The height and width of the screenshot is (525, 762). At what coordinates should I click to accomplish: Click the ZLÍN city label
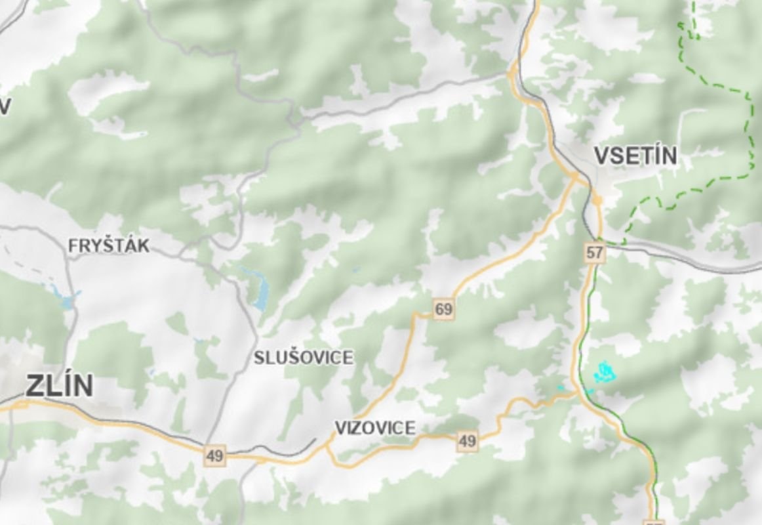59,386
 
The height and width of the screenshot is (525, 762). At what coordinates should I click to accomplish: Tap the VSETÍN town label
635,156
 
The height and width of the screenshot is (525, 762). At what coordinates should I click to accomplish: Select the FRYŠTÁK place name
109,246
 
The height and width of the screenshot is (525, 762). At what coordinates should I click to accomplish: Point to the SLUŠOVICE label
304,358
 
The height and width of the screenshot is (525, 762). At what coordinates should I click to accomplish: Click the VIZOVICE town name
375,428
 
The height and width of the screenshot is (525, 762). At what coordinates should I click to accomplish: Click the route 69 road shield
444,309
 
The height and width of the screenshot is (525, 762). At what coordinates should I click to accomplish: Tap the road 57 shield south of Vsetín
595,252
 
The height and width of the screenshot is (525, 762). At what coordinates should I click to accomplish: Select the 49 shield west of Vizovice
214,455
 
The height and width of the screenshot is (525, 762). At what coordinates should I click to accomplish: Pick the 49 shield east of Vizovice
467,441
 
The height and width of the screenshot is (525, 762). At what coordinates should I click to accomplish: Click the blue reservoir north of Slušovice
260,293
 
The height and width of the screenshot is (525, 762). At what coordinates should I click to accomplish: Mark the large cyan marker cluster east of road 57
605,372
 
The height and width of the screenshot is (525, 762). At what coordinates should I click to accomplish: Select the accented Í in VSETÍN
655,156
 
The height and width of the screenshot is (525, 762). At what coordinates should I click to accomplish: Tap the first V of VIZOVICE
340,428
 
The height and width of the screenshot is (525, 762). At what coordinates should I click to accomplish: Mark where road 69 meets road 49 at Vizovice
329,447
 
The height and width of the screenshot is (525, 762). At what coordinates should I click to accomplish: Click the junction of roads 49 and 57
576,392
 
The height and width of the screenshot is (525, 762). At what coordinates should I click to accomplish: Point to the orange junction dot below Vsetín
597,198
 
